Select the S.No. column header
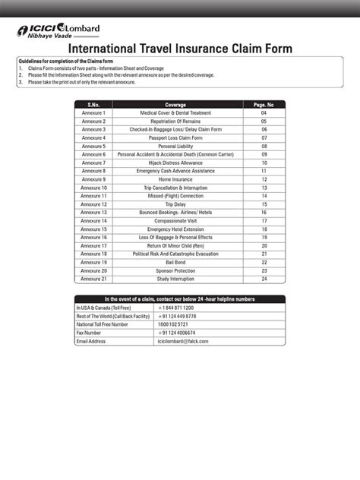pyautogui.click(x=93, y=104)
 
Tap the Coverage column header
pyautogui.click(x=175, y=104)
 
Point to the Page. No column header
pyautogui.click(x=264, y=104)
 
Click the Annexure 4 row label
pyautogui.click(x=93, y=137)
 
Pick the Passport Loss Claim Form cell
pyautogui.click(x=175, y=137)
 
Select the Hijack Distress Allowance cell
pyautogui.click(x=175, y=163)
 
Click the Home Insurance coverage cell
pyautogui.click(x=175, y=179)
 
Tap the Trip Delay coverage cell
pyautogui.click(x=175, y=204)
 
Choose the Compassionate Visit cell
pyautogui.click(x=175, y=221)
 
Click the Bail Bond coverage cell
pyautogui.click(x=175, y=262)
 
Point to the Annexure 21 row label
pyautogui.click(x=93, y=279)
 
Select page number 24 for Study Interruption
pyautogui.click(x=264, y=279)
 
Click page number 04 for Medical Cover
pyautogui.click(x=264, y=112)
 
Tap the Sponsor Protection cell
pyautogui.click(x=175, y=270)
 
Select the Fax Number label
pyautogui.click(x=89, y=333)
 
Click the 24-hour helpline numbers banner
pyautogui.click(x=180, y=298)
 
